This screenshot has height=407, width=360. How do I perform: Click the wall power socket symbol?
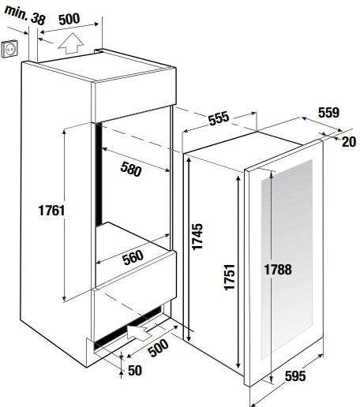[x=10, y=48]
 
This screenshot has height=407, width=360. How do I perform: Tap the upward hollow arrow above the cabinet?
[x=70, y=43]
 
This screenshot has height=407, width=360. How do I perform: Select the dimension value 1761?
[x=51, y=211]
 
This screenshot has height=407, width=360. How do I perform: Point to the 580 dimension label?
[x=131, y=169]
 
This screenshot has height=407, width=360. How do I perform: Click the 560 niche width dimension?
[x=133, y=257]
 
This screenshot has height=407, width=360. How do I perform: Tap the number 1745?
[x=197, y=237]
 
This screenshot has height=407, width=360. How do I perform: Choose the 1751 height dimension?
[x=229, y=277]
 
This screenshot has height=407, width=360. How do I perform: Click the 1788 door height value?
[x=278, y=270]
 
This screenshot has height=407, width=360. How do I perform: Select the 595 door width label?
[x=295, y=375]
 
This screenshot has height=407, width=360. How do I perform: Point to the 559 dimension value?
[x=328, y=113]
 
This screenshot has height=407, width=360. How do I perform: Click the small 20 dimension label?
[x=349, y=142]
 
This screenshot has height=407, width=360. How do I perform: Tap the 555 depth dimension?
[x=219, y=118]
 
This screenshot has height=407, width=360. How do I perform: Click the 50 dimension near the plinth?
[x=135, y=370]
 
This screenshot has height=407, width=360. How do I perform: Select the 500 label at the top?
[x=69, y=19]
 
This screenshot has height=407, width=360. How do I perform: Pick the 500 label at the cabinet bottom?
[x=158, y=348]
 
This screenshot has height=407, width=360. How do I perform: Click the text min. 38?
[x=25, y=15]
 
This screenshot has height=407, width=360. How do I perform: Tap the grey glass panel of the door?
[x=287, y=259]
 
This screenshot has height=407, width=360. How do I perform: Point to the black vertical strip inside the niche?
[x=99, y=174]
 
